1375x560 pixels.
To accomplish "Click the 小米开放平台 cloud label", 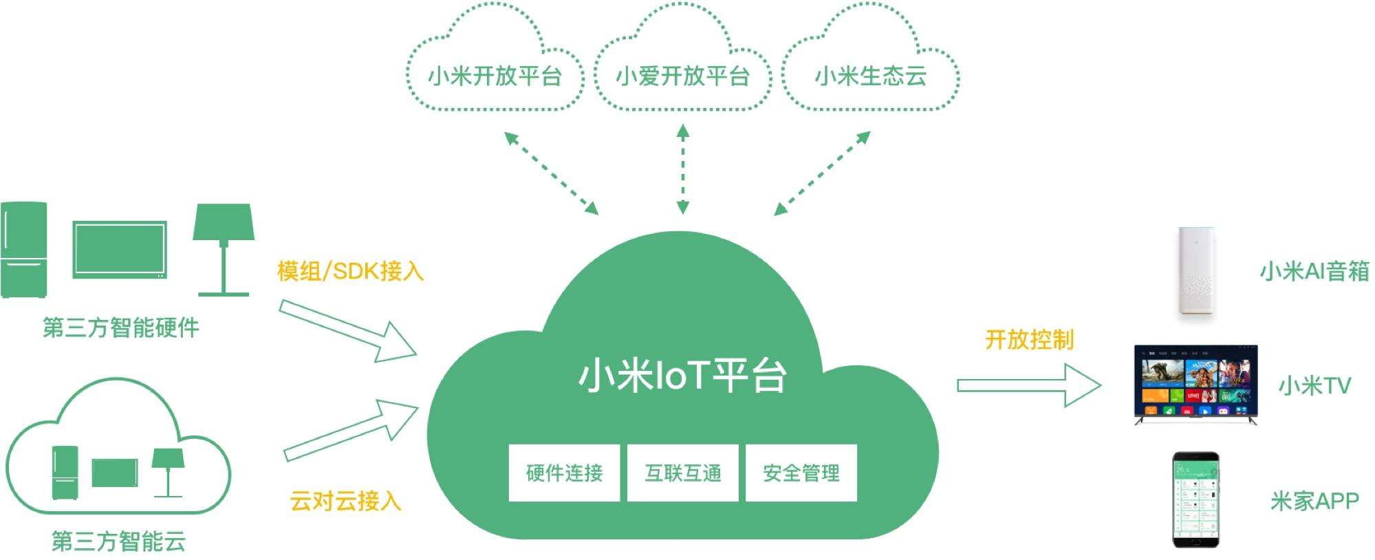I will [495, 76].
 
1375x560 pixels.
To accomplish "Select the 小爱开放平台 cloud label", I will [682, 76].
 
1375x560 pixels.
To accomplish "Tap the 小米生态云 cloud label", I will [870, 76].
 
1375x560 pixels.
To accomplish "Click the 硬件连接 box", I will [564, 473].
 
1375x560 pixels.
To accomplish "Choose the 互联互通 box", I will [682, 473].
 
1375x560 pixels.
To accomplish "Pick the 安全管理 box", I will [801, 473].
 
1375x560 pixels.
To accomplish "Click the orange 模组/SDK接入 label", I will [350, 271].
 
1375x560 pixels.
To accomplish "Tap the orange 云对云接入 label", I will [345, 501].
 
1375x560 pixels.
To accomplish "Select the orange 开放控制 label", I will [1029, 339].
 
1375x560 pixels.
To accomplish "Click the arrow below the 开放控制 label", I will [1028, 385].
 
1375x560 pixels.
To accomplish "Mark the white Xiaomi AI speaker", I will [1195, 272].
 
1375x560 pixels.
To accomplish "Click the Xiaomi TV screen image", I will [1195, 383].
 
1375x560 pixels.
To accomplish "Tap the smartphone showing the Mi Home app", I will [1195, 500].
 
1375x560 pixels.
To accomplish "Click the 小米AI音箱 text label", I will [1314, 271].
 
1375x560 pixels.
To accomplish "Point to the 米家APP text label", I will [1314, 501].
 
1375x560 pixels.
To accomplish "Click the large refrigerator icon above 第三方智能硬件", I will [24, 249].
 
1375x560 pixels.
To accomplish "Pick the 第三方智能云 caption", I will [119, 541].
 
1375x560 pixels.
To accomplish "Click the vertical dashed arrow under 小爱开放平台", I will [682, 169].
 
